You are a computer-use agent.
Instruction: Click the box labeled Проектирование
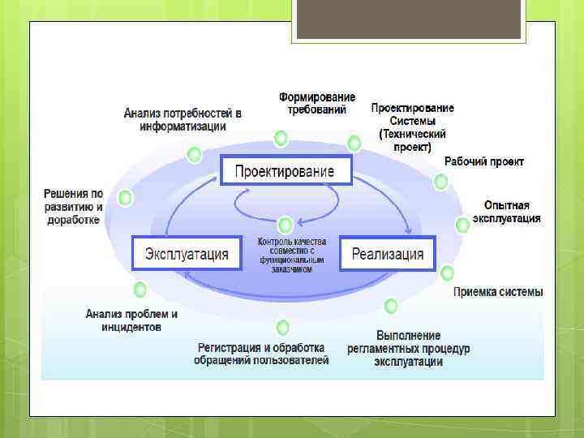coord(285,171)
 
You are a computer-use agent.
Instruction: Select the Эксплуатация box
coord(187,254)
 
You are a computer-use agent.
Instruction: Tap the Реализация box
coord(387,254)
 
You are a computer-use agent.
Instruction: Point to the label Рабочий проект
coord(484,161)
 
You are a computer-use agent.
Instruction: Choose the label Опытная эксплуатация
coord(506,212)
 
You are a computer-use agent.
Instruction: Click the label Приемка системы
coord(498,292)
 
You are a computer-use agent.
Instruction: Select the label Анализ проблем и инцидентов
coord(131,320)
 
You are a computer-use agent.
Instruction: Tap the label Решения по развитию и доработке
coord(73,207)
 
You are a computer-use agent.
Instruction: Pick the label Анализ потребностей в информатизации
coord(182,120)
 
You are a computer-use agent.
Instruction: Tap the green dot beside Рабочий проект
coord(440,182)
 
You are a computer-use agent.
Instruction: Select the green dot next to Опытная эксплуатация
coord(462,225)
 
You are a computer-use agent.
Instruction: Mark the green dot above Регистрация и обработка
coord(282,328)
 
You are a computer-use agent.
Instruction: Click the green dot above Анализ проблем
coord(140,289)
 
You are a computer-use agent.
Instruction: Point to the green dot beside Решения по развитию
coord(125,197)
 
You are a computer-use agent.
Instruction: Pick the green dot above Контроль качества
coord(284,224)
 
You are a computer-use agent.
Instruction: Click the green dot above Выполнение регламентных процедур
coord(391,306)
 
